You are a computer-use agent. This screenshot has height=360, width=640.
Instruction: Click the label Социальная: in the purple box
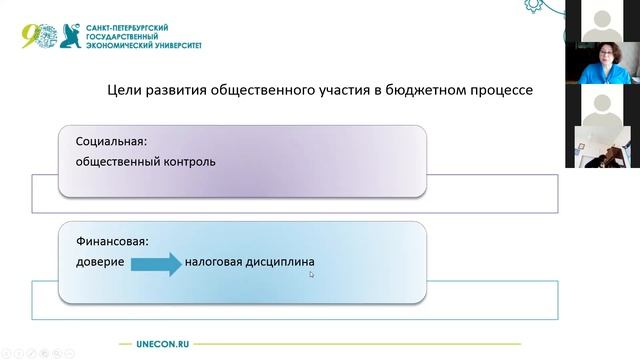110,141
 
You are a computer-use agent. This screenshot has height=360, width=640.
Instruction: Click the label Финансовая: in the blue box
112,241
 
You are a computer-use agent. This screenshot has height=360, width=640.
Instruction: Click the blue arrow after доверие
155,262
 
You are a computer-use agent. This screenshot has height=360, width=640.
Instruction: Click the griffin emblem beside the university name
71,36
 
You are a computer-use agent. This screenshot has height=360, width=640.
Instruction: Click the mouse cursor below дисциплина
311,273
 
